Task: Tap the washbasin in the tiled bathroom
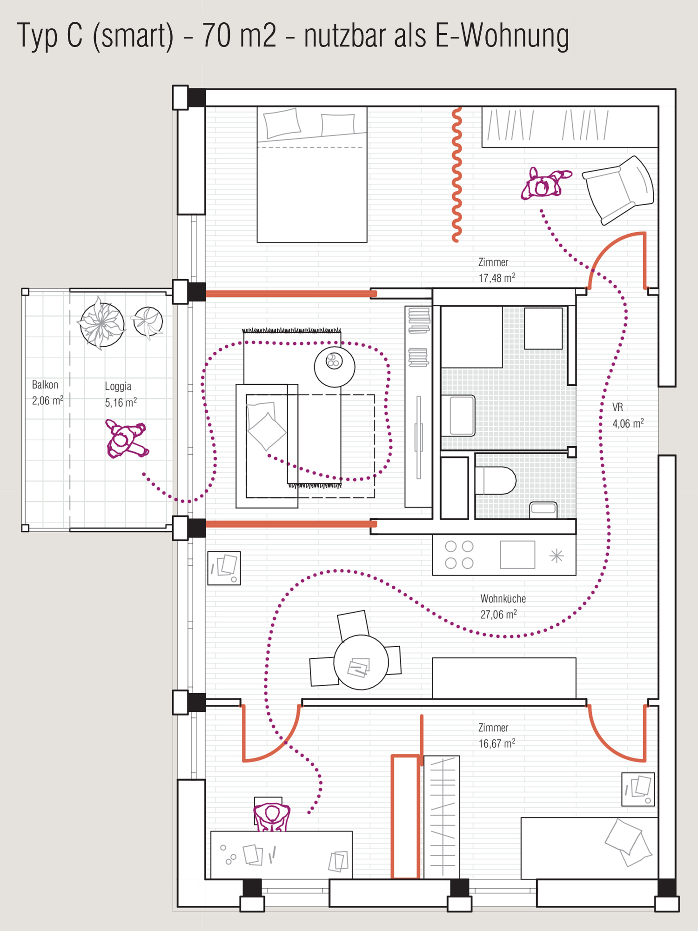click(x=544, y=508)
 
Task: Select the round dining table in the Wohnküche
click(x=361, y=662)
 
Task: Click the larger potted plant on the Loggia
click(x=101, y=323)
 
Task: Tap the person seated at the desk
click(x=272, y=817)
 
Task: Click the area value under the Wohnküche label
click(x=498, y=615)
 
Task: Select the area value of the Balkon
click(x=47, y=401)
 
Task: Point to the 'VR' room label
click(x=617, y=408)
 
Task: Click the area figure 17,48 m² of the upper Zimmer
click(x=497, y=278)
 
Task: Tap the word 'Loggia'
click(x=118, y=387)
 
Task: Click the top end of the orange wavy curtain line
click(x=458, y=109)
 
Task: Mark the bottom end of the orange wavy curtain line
click(x=456, y=240)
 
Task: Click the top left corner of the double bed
click(x=257, y=107)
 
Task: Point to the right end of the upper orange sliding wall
click(x=375, y=294)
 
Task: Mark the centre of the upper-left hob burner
click(x=450, y=546)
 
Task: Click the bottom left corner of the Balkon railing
click(x=25, y=528)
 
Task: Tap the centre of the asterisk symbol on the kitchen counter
click(x=557, y=556)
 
